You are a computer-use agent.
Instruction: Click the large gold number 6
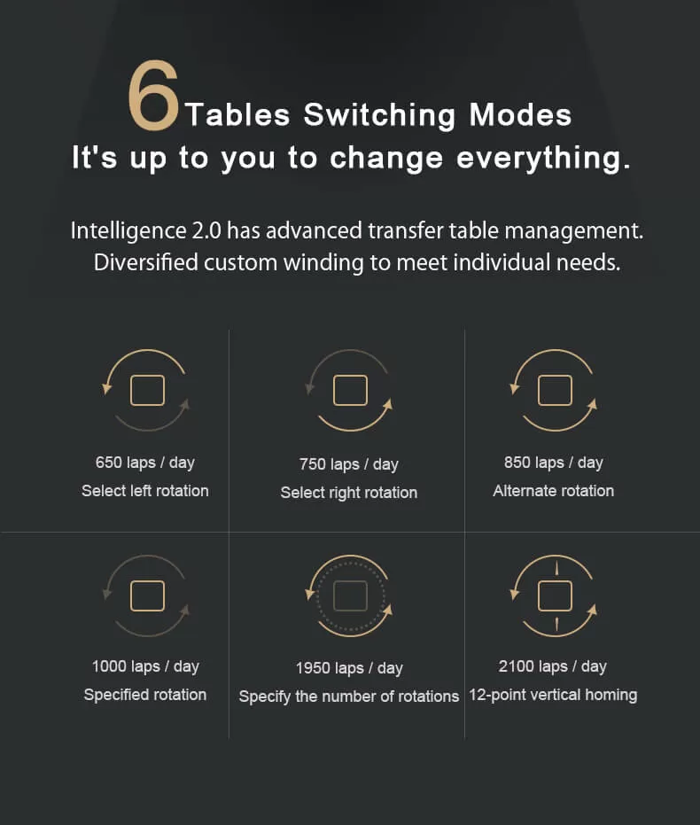153,95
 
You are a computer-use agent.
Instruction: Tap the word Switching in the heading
379,114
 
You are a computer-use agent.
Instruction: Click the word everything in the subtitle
543,158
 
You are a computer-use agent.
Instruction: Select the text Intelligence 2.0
146,231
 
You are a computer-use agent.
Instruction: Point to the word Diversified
145,262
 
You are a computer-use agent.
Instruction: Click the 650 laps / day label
145,463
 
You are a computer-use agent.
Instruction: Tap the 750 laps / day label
349,464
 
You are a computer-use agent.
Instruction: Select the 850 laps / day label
553,463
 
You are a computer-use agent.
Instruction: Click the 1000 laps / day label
145,666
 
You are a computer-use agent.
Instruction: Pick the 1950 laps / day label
349,668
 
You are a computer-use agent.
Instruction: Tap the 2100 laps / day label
553,666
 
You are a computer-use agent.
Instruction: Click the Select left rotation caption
145,491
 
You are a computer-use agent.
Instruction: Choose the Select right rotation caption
349,493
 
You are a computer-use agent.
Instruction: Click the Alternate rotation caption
553,491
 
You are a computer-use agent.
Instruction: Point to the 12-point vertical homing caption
553,695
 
